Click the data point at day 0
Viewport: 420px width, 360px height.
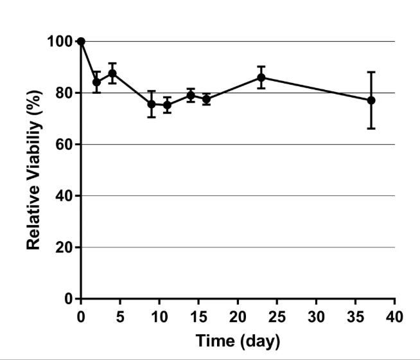tap(81, 41)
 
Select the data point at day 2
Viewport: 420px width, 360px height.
tap(96, 82)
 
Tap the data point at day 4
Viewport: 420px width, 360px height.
tap(112, 73)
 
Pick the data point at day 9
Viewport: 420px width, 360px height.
tap(152, 104)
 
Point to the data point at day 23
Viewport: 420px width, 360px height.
tap(261, 77)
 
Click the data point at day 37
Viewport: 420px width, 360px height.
tap(371, 100)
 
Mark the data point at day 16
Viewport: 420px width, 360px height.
tap(206, 99)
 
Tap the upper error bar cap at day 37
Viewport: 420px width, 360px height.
tap(371, 72)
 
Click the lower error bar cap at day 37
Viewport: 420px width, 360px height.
tap(371, 129)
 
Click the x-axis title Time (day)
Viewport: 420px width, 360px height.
tap(238, 341)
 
